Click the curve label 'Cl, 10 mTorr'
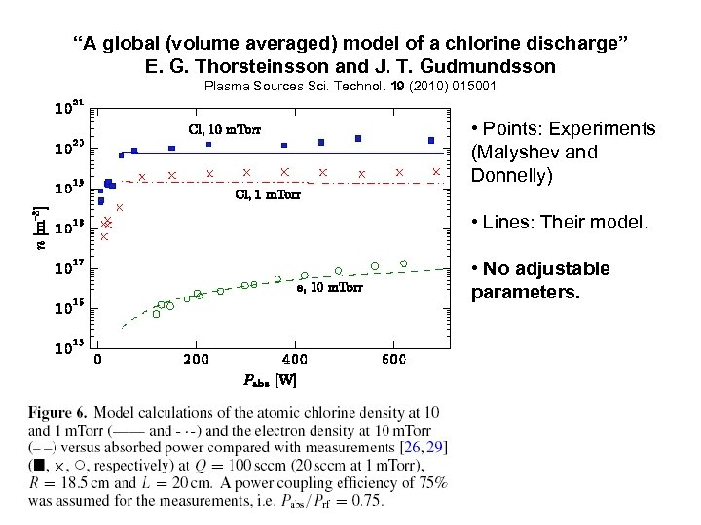223,128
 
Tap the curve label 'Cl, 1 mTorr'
268,194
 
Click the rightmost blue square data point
431,141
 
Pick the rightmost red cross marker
436,172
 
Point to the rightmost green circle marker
403,263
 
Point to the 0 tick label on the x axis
97,359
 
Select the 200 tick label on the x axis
197,359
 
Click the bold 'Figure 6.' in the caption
59,413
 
